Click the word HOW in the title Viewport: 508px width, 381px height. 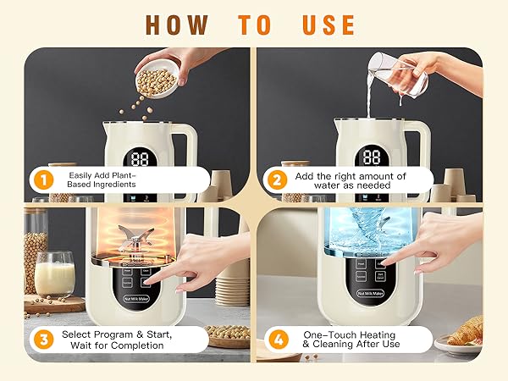tap(174, 23)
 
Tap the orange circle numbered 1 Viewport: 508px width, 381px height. tap(40, 179)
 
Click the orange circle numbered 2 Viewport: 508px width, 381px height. tap(276, 179)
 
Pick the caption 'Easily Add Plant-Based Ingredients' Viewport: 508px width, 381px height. tap(102, 179)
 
